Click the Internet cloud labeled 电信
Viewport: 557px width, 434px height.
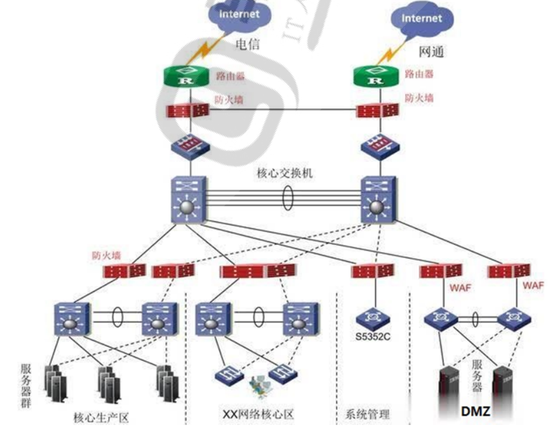[x=239, y=15]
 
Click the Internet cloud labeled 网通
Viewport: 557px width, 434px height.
[x=421, y=20]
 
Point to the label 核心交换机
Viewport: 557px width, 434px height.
[x=284, y=173]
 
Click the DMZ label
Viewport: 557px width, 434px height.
[x=475, y=412]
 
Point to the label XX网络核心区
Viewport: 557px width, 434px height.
[x=258, y=414]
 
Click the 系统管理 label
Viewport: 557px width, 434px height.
[x=367, y=414]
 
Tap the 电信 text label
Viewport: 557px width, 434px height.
[x=247, y=43]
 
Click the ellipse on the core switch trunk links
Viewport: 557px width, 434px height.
[x=287, y=198]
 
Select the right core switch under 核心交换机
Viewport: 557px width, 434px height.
[x=377, y=200]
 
